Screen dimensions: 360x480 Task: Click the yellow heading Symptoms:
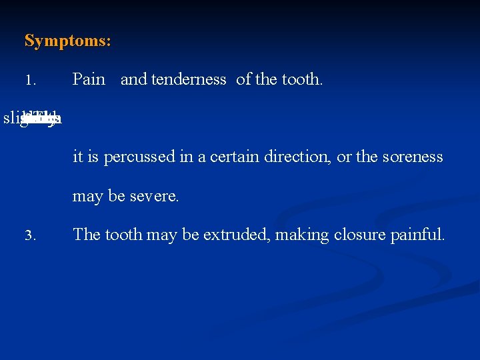[67, 41]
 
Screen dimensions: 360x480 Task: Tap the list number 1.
[29, 81]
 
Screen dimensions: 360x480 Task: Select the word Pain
[89, 79]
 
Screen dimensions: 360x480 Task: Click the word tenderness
[189, 79]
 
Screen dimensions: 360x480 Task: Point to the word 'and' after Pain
[133, 79]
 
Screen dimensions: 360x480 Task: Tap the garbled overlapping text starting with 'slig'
[33, 119]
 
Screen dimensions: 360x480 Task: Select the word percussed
[137, 157]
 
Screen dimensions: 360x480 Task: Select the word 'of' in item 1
[243, 79]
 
